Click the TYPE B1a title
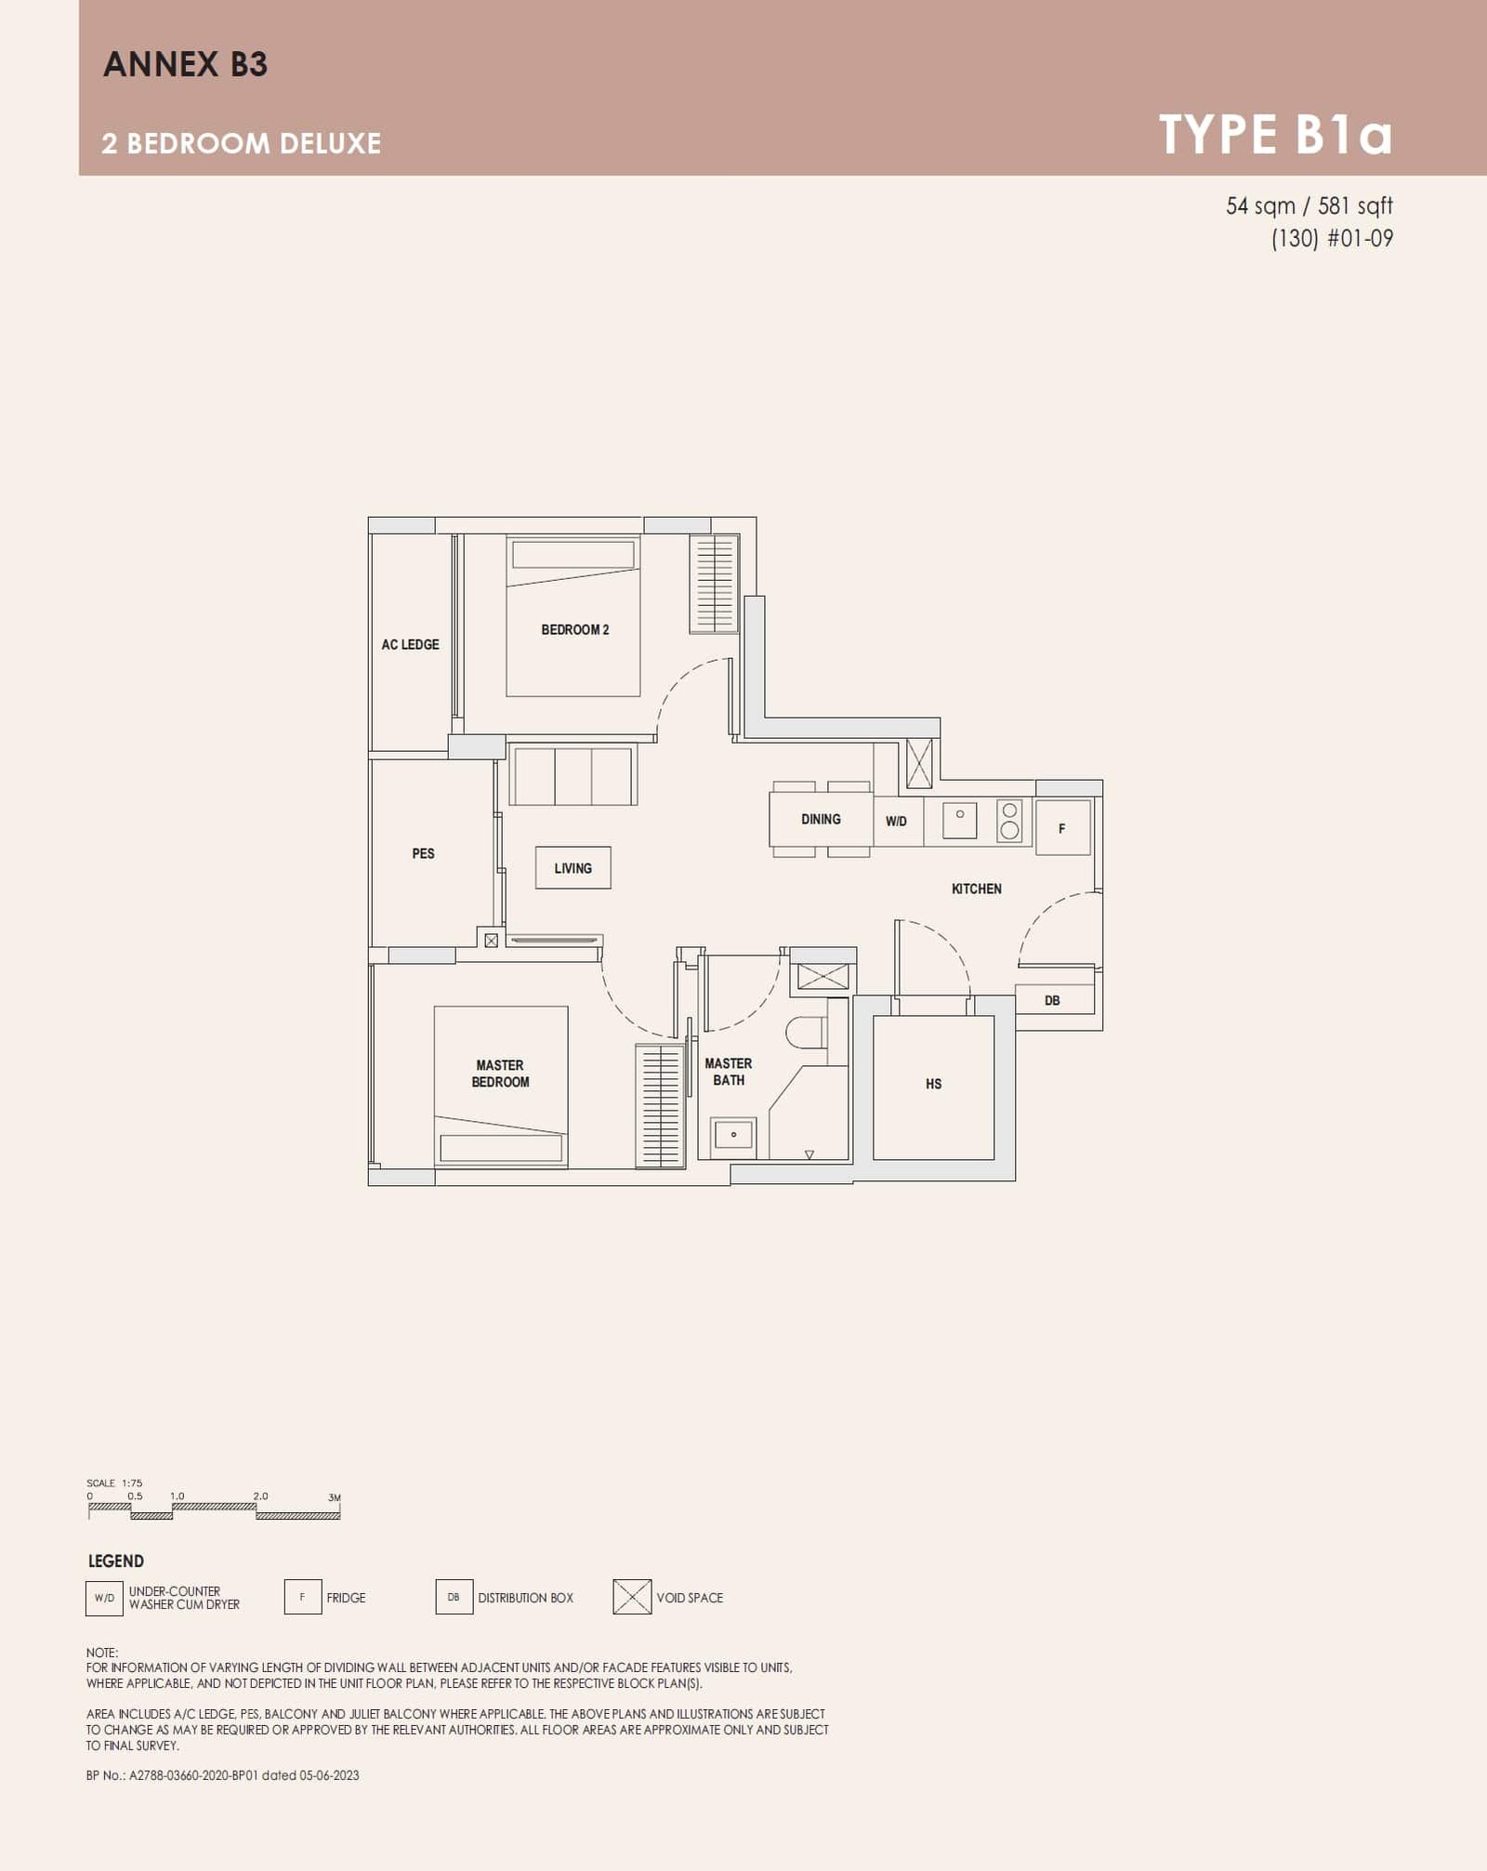point(1275,135)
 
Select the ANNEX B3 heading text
point(185,64)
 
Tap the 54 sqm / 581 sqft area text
point(1309,205)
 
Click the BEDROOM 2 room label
point(574,629)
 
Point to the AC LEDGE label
point(410,644)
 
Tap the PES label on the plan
point(423,853)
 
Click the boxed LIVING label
point(572,868)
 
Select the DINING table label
point(821,819)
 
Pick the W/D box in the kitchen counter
point(897,821)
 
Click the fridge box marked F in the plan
point(1062,827)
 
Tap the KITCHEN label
point(976,889)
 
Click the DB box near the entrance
point(1052,1000)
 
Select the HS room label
point(933,1084)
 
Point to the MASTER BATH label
point(728,1071)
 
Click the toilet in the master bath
point(807,1032)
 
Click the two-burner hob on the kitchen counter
point(1009,820)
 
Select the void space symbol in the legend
point(632,1597)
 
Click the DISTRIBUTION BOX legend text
point(525,1598)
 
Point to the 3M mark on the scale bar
point(335,1497)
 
